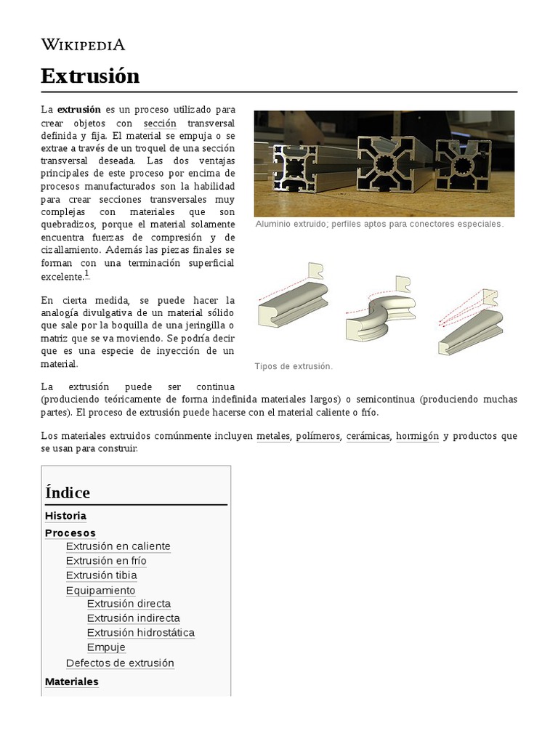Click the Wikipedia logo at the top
pos(83,45)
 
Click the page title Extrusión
pos(90,76)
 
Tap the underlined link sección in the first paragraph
pos(160,124)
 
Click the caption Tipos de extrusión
pos(294,366)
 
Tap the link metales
pos(273,436)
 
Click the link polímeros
pos(317,436)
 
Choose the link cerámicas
pos(368,436)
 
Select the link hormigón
pos(417,436)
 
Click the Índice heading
pos(68,493)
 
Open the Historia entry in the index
pos(65,516)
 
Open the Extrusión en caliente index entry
pos(118,546)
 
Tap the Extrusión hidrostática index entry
pos(140,633)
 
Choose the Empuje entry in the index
pos(106,647)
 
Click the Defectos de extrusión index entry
pos(120,663)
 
